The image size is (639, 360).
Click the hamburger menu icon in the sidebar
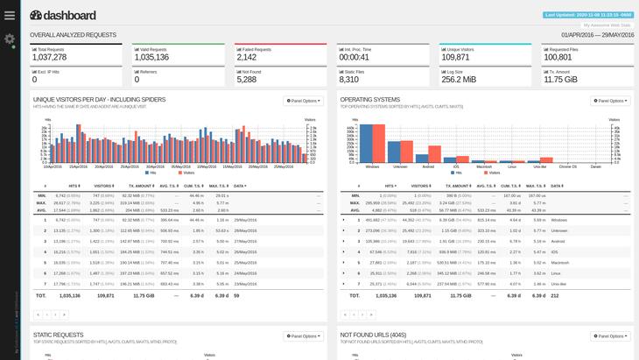(10, 15)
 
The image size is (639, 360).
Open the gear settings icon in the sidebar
(10, 39)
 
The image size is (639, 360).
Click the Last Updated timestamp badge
(587, 15)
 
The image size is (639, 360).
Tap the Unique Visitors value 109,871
(455, 57)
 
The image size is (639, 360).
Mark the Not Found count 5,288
(246, 79)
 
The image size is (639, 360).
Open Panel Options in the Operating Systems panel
(610, 101)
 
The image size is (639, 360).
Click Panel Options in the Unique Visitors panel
(303, 101)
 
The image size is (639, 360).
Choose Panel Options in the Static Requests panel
(303, 335)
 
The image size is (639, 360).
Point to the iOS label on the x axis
(456, 166)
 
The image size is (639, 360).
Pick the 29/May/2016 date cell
(245, 220)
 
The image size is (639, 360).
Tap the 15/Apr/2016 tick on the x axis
(79, 166)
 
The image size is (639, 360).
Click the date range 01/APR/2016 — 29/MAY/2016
(597, 35)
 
